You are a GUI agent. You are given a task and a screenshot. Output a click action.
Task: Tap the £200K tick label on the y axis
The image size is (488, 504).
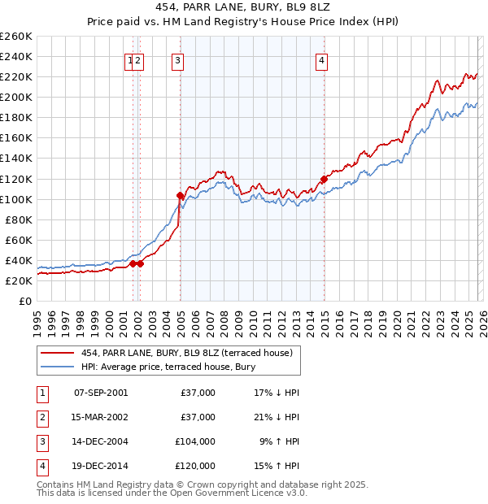click(16, 97)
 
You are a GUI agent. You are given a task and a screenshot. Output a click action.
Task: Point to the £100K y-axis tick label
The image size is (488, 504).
click(16, 199)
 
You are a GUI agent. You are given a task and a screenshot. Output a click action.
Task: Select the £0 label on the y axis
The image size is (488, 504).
click(25, 301)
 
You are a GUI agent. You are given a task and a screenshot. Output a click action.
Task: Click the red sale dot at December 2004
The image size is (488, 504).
click(180, 195)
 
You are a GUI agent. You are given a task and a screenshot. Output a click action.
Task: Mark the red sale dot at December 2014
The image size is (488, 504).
click(324, 179)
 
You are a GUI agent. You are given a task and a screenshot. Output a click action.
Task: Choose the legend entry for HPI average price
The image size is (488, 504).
click(168, 367)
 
